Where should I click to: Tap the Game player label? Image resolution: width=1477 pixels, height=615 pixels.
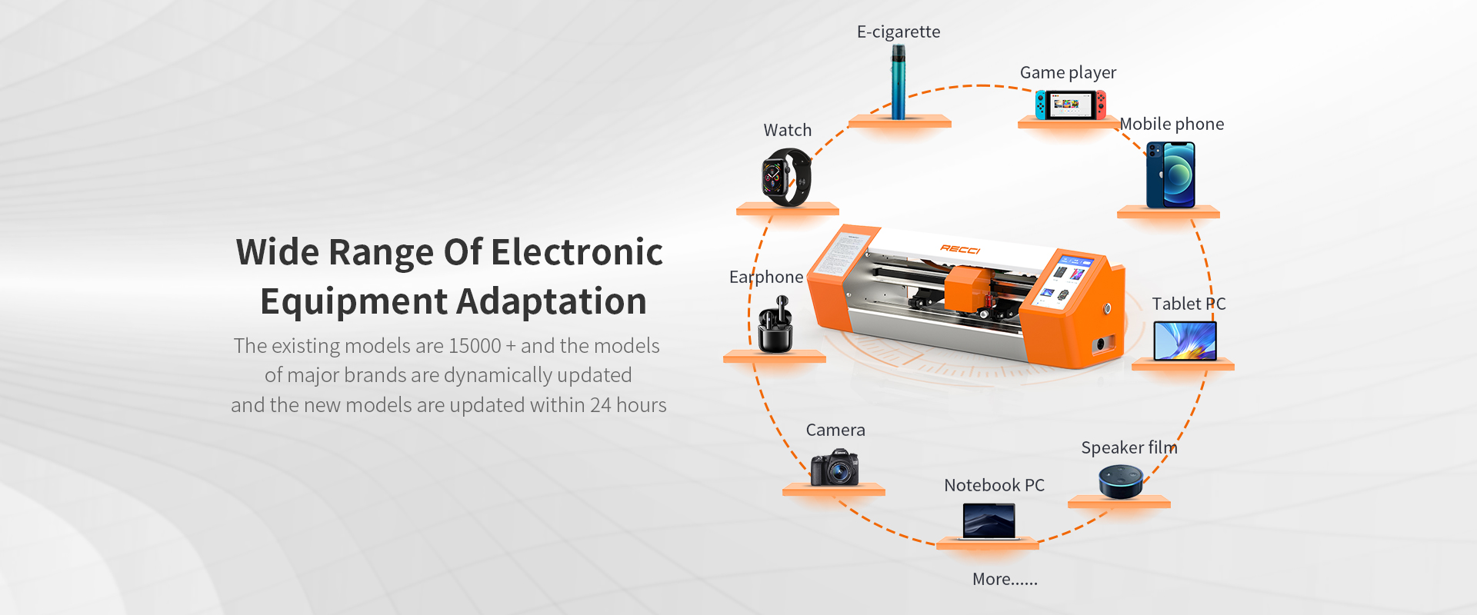tap(1068, 72)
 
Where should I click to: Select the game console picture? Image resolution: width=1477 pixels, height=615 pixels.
tap(1070, 105)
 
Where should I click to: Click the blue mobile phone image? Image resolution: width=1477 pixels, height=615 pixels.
tap(1170, 175)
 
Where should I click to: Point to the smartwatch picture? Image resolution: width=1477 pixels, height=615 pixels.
tap(786, 178)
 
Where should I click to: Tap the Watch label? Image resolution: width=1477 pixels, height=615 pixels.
tap(787, 130)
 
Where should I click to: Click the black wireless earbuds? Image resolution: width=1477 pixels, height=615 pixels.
tap(775, 327)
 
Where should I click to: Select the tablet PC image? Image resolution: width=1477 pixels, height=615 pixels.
tap(1185, 341)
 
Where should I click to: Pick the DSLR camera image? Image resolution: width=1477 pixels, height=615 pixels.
tap(834, 467)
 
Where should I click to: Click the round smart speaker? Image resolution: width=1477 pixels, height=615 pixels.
tap(1120, 482)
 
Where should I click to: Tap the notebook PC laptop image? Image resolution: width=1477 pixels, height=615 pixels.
tap(989, 522)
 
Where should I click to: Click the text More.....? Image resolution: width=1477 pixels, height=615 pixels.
tap(1005, 579)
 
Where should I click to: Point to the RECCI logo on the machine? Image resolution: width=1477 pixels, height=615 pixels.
tap(960, 249)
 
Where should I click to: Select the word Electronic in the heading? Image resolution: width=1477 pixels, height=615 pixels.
tap(577, 252)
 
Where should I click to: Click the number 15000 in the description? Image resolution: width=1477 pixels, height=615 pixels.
tap(475, 346)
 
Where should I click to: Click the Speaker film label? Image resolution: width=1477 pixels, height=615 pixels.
tap(1129, 447)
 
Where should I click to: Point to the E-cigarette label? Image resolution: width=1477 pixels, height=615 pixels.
tap(899, 32)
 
